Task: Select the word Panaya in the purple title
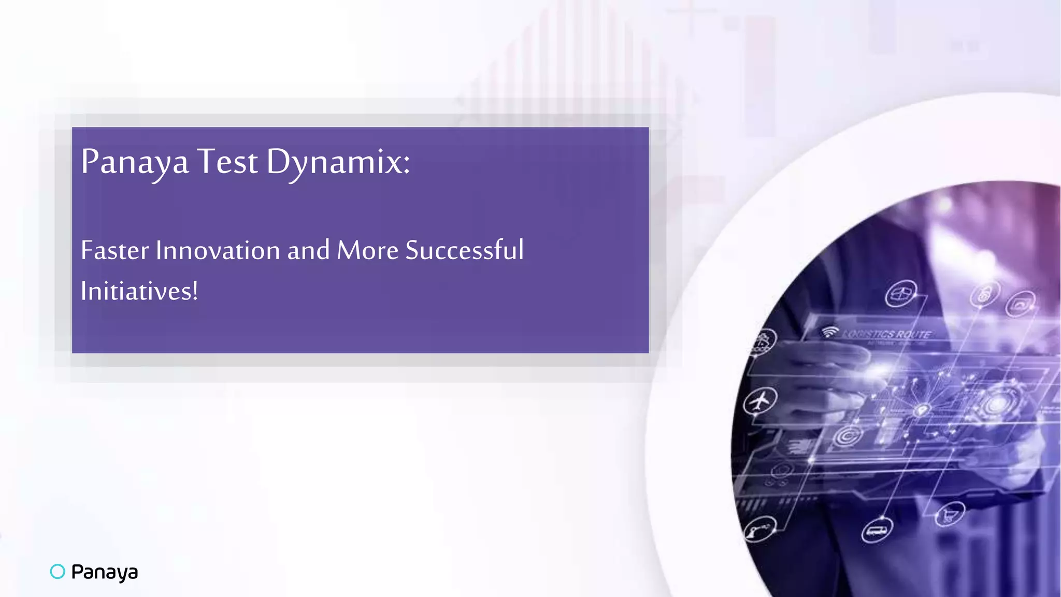135,162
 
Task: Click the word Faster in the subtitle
115,251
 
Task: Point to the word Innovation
218,251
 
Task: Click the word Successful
464,250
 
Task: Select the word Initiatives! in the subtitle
139,291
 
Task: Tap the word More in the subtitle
368,251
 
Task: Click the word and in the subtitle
308,251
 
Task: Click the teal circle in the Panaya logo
58,571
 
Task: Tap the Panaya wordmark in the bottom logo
105,572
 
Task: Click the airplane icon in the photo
760,401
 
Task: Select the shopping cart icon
950,515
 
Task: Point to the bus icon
877,531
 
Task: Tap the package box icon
900,294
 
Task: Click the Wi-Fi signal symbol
829,332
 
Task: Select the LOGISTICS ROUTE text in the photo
886,334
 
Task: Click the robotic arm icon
759,530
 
